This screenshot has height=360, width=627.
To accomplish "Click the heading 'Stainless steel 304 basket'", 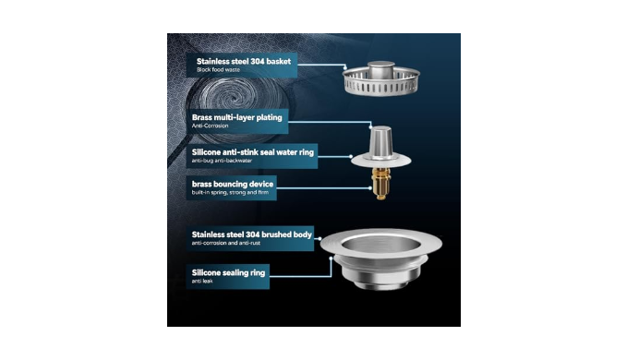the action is tap(244, 62).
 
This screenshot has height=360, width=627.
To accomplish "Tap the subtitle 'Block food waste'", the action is tap(218, 70).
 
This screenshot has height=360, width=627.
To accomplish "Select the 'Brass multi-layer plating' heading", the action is tap(236, 117).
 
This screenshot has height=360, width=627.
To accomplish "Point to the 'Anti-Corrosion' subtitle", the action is tap(210, 126).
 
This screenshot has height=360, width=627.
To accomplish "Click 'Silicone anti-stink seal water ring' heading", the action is tap(253, 152).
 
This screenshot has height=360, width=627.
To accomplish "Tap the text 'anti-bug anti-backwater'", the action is tap(222, 161).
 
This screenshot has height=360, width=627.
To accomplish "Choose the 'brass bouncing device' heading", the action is tap(233, 185).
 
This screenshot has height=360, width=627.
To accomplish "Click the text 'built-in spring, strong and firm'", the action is tap(230, 193).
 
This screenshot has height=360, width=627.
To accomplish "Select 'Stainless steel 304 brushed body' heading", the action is tap(251, 234).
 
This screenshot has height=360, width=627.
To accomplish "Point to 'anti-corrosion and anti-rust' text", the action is tap(226, 243).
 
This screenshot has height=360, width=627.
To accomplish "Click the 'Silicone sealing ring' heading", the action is tap(228, 273).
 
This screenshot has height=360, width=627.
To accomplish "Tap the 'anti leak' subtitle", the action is tap(202, 282).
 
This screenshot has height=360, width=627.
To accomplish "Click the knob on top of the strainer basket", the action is tap(381, 69).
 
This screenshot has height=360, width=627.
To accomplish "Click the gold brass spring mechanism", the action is tap(380, 183).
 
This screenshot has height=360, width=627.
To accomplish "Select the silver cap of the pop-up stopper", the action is tap(380, 141).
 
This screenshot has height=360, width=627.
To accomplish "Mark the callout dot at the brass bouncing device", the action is tap(370, 188).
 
